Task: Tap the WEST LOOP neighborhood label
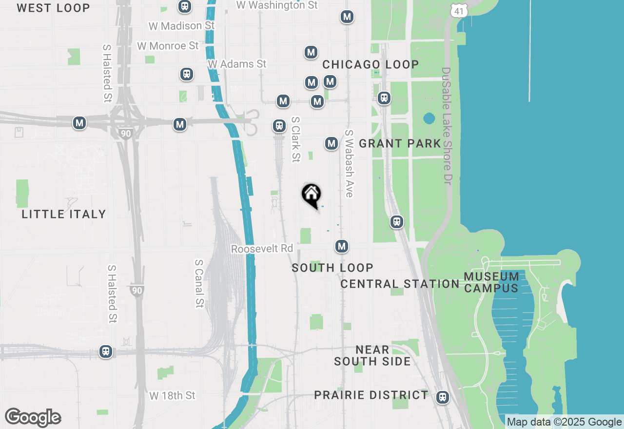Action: point(53,8)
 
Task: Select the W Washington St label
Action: point(277,5)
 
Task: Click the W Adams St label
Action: point(237,64)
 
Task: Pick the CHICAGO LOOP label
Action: point(370,64)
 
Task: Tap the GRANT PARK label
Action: point(400,143)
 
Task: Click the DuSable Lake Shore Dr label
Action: point(447,126)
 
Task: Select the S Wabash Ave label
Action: point(348,163)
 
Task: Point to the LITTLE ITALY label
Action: point(64,214)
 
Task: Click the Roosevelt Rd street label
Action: point(262,249)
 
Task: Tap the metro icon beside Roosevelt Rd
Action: point(342,247)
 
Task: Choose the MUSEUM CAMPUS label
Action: point(491,282)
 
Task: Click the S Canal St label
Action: point(199,283)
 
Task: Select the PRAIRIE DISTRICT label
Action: point(371,395)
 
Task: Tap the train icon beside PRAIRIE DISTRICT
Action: point(443,397)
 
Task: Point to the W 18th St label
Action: point(173,395)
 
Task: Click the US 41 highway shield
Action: point(459,10)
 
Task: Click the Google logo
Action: point(33,418)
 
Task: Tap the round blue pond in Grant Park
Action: point(429,118)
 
